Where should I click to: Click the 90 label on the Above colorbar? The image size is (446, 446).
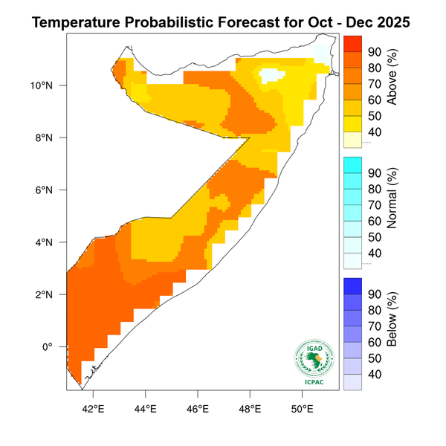click(x=375, y=52)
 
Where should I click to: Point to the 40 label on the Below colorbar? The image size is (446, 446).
click(x=375, y=374)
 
